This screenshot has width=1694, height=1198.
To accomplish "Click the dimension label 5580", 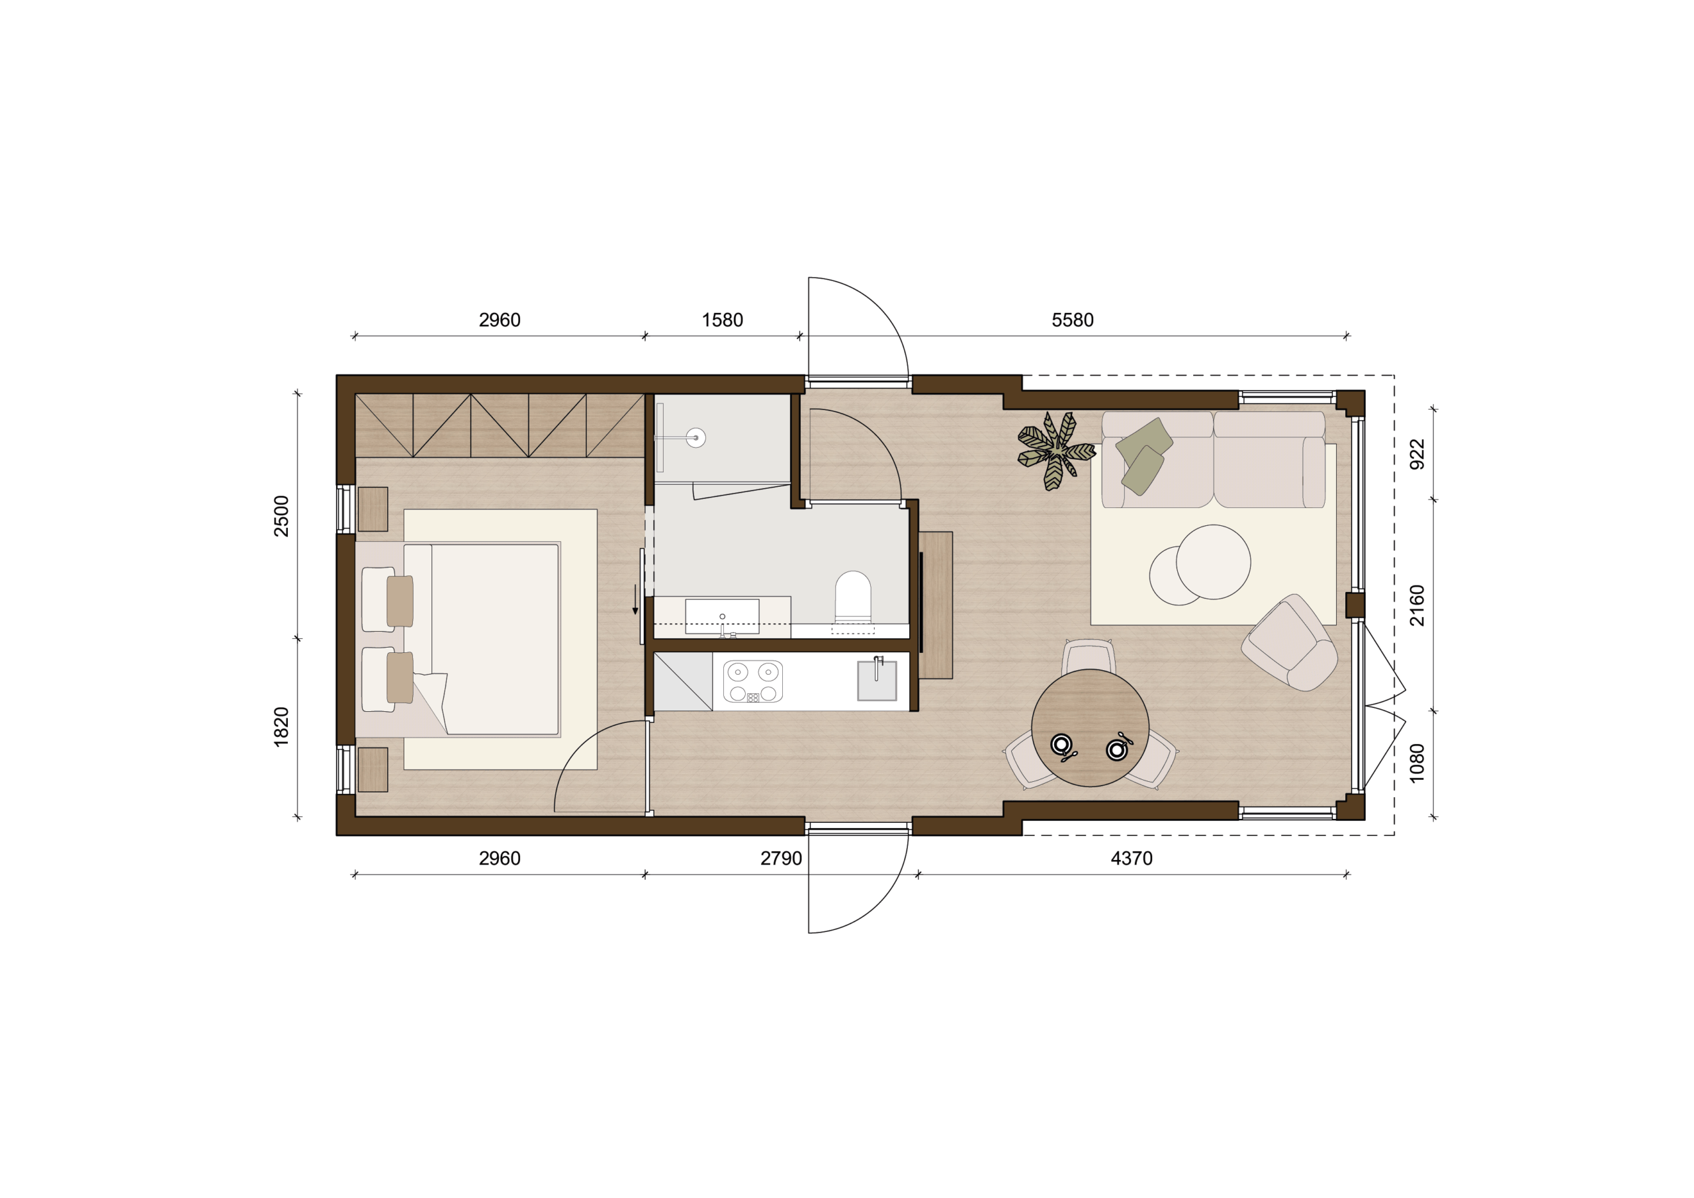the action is click(1072, 320).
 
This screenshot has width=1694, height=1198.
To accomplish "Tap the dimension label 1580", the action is click(723, 320).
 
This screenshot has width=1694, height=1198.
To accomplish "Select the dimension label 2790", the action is click(781, 859).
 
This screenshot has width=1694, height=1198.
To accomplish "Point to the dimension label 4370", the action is click(1131, 859).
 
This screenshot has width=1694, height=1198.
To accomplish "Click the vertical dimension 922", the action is click(1417, 454).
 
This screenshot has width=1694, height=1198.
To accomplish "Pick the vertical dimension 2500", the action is click(282, 515).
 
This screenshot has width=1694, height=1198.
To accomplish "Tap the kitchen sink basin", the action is click(877, 681).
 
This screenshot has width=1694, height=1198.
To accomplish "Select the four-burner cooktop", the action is click(753, 681).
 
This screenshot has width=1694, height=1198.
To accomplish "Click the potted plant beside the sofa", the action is click(1056, 450).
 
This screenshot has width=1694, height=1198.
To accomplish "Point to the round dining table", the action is click(1090, 728).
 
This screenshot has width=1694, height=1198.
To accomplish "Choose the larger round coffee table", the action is click(1213, 562).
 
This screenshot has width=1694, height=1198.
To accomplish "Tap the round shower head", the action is click(695, 438).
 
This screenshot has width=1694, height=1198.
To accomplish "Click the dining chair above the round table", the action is click(1089, 655).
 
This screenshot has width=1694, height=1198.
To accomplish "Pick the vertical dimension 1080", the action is click(1417, 763).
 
